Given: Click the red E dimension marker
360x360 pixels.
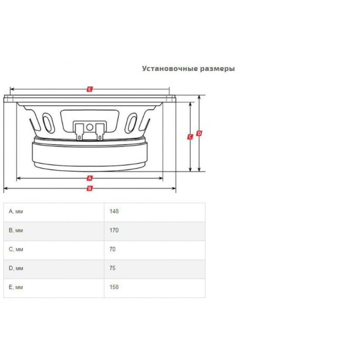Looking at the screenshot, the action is [x=89, y=89].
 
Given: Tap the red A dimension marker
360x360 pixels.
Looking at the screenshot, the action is [x=89, y=178].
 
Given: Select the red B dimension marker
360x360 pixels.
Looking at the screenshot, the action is [x=89, y=189].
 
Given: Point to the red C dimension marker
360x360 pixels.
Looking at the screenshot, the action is [x=190, y=137].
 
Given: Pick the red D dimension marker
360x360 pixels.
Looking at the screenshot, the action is [x=199, y=133].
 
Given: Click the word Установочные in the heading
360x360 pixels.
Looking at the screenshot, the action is [x=170, y=68].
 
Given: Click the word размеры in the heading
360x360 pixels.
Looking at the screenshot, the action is [x=218, y=69].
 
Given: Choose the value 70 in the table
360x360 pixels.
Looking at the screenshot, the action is [x=113, y=249].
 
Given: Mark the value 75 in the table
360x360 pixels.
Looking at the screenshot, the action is [x=113, y=268].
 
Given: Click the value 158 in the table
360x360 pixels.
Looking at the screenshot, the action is [x=114, y=287].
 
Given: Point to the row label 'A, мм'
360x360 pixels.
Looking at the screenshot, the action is [x=15, y=211].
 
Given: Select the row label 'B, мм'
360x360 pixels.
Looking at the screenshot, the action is [x=15, y=230].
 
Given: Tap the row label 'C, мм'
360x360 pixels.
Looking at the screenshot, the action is [x=16, y=249].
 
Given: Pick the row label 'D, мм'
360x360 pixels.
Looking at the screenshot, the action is [x=16, y=268].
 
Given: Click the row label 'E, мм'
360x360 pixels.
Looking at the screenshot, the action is [x=15, y=287].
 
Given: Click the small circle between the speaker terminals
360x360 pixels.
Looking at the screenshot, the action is [x=89, y=127].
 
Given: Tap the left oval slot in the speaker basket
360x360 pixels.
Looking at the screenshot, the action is [x=49, y=122].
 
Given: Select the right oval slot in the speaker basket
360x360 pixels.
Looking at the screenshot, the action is [x=131, y=122].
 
